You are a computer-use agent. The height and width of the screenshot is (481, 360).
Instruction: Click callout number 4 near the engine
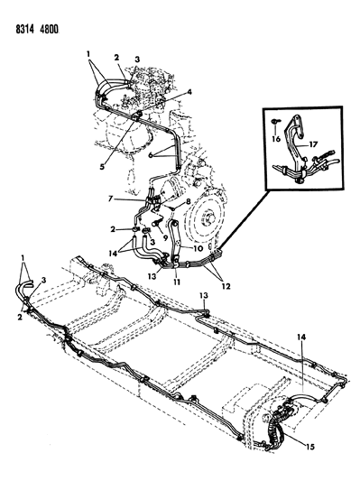pyautogui.click(x=189, y=92)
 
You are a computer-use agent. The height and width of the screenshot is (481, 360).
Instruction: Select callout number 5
pyautogui.click(x=102, y=166)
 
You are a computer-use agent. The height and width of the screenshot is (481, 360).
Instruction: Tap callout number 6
pyautogui.click(x=151, y=155)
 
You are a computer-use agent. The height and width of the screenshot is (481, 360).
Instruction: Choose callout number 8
pyautogui.click(x=188, y=201)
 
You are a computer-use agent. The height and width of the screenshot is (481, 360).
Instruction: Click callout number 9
pyautogui.click(x=166, y=237)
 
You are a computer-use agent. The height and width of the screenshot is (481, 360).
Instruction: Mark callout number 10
pyautogui.click(x=198, y=248)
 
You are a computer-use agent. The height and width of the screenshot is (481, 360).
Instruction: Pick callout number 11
pyautogui.click(x=177, y=282)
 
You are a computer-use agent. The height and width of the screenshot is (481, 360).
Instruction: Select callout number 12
pyautogui.click(x=226, y=286)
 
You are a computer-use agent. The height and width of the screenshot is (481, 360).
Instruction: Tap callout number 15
pyautogui.click(x=310, y=447)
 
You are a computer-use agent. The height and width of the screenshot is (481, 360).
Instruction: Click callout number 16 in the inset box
pyautogui.click(x=276, y=139)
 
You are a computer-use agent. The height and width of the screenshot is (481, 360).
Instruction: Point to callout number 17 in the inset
pyautogui.click(x=314, y=143)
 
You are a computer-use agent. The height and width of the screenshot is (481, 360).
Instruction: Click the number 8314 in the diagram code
pyautogui.click(x=25, y=30)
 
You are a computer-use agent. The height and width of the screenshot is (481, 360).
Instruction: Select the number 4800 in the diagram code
pyautogui.click(x=49, y=30)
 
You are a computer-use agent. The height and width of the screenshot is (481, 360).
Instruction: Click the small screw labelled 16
pyautogui.click(x=275, y=122)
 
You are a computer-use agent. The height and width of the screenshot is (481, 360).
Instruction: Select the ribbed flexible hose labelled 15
pyautogui.click(x=275, y=429)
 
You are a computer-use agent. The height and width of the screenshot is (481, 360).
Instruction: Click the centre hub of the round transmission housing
pyautogui.click(x=208, y=219)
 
